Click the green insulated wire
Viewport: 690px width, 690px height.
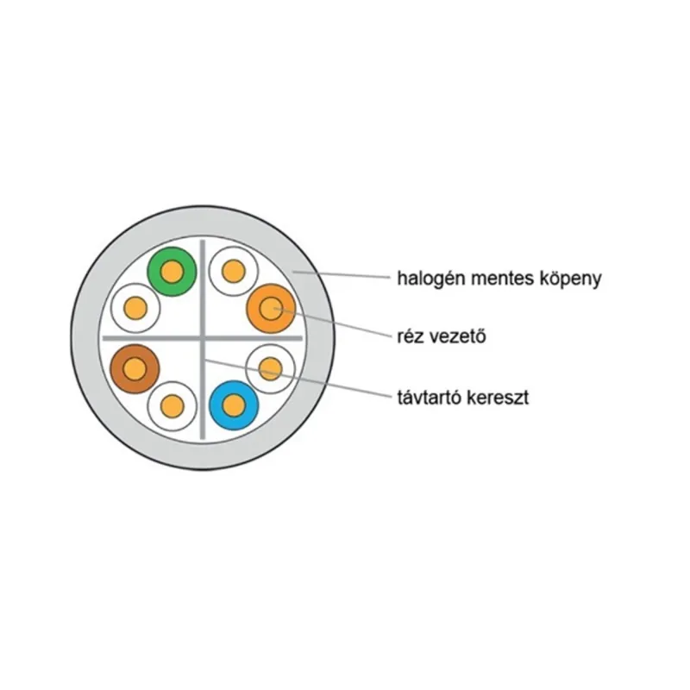click(x=172, y=272)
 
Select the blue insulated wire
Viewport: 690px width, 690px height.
click(x=234, y=405)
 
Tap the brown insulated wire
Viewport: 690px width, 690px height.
click(x=135, y=369)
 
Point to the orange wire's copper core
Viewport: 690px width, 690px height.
click(x=271, y=308)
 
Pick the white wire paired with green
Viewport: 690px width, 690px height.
click(x=135, y=308)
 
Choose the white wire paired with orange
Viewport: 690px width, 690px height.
click(x=233, y=271)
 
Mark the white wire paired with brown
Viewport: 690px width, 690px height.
click(x=172, y=405)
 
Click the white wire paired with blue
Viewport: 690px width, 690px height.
click(x=270, y=368)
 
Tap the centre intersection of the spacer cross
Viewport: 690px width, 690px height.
click(x=203, y=338)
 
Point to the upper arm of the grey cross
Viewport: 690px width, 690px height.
click(x=203, y=289)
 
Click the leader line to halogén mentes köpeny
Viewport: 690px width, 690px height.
click(x=342, y=275)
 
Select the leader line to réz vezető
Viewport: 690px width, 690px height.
click(x=332, y=323)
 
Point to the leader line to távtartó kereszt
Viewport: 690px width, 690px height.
click(x=298, y=379)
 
